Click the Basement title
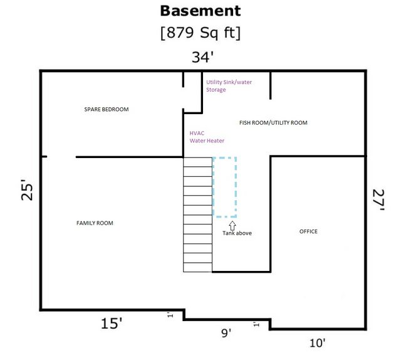[x=200, y=11]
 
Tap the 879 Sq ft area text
[x=200, y=33]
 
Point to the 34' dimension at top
[x=202, y=57]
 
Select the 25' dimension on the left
[x=27, y=189]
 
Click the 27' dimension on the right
[x=378, y=199]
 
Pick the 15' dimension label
[x=112, y=323]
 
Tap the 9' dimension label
[x=226, y=333]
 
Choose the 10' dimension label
[x=318, y=343]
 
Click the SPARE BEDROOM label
[x=107, y=109]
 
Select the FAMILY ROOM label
[x=95, y=223]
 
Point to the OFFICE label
[x=308, y=231]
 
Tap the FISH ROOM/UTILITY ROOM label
[x=273, y=123]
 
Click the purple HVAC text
[x=197, y=133]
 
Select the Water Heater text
[x=207, y=140]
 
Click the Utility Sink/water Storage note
[x=229, y=86]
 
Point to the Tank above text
[x=237, y=233]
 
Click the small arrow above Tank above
[x=232, y=226]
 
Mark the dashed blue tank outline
[x=213, y=188]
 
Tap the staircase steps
[x=198, y=214]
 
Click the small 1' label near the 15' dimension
[x=170, y=315]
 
